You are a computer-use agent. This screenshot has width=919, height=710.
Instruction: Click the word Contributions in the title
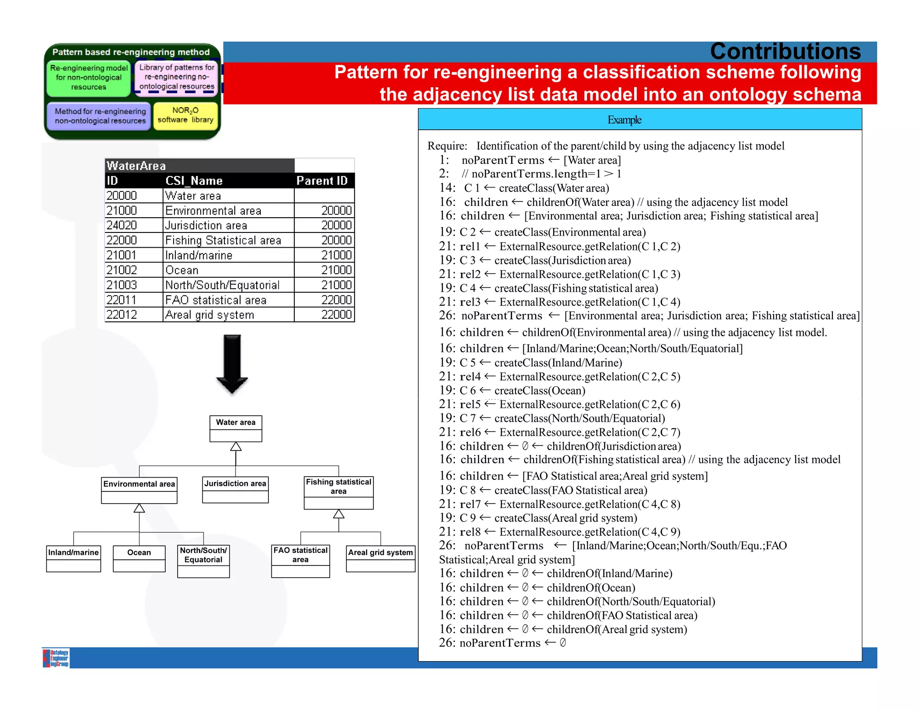tap(785, 52)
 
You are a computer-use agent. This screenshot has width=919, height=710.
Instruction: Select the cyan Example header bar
tap(640, 120)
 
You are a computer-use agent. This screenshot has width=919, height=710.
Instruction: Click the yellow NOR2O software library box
tap(185, 115)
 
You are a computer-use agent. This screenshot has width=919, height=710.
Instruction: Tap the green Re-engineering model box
tap(88, 78)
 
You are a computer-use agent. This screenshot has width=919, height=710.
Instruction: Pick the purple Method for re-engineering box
tap(100, 116)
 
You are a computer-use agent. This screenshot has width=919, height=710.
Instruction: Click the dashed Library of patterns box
tap(177, 77)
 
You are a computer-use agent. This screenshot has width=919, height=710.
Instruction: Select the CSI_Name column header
tap(194, 181)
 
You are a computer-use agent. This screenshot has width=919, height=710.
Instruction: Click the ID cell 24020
tap(122, 225)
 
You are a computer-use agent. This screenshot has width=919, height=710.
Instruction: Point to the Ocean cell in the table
tap(182, 270)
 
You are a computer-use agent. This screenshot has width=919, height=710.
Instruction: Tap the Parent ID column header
tap(322, 181)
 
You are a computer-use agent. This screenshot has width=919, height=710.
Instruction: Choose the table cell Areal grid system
tap(210, 315)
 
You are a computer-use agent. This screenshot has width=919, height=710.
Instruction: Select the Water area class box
tap(236, 428)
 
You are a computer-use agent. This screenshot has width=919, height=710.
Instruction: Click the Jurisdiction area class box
tap(235, 489)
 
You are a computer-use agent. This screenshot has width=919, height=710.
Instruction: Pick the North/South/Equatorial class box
tap(203, 561)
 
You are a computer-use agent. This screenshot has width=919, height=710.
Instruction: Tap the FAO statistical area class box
tap(300, 561)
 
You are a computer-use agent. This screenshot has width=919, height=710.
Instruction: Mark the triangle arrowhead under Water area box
tap(236, 447)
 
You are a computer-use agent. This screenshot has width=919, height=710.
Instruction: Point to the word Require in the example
tap(446, 146)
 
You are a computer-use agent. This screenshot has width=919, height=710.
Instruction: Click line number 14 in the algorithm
tap(446, 188)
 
